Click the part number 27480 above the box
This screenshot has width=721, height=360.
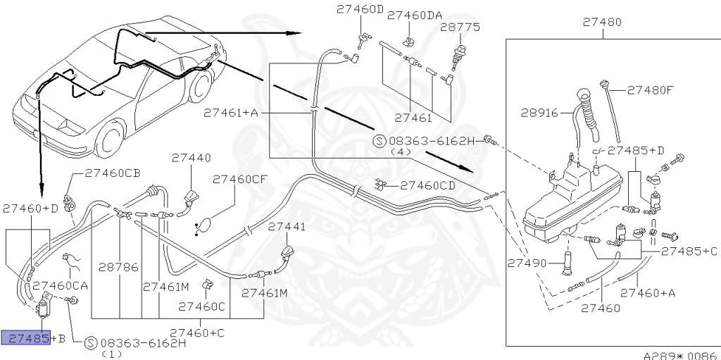601,22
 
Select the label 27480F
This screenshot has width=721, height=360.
651,90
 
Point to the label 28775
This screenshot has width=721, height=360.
460,27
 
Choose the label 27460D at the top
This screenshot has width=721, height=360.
360,10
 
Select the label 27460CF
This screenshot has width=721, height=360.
240,179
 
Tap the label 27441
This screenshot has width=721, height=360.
287,227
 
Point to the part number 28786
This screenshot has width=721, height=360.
119,268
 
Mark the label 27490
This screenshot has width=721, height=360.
526,262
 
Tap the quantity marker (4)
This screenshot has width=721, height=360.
401,151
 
